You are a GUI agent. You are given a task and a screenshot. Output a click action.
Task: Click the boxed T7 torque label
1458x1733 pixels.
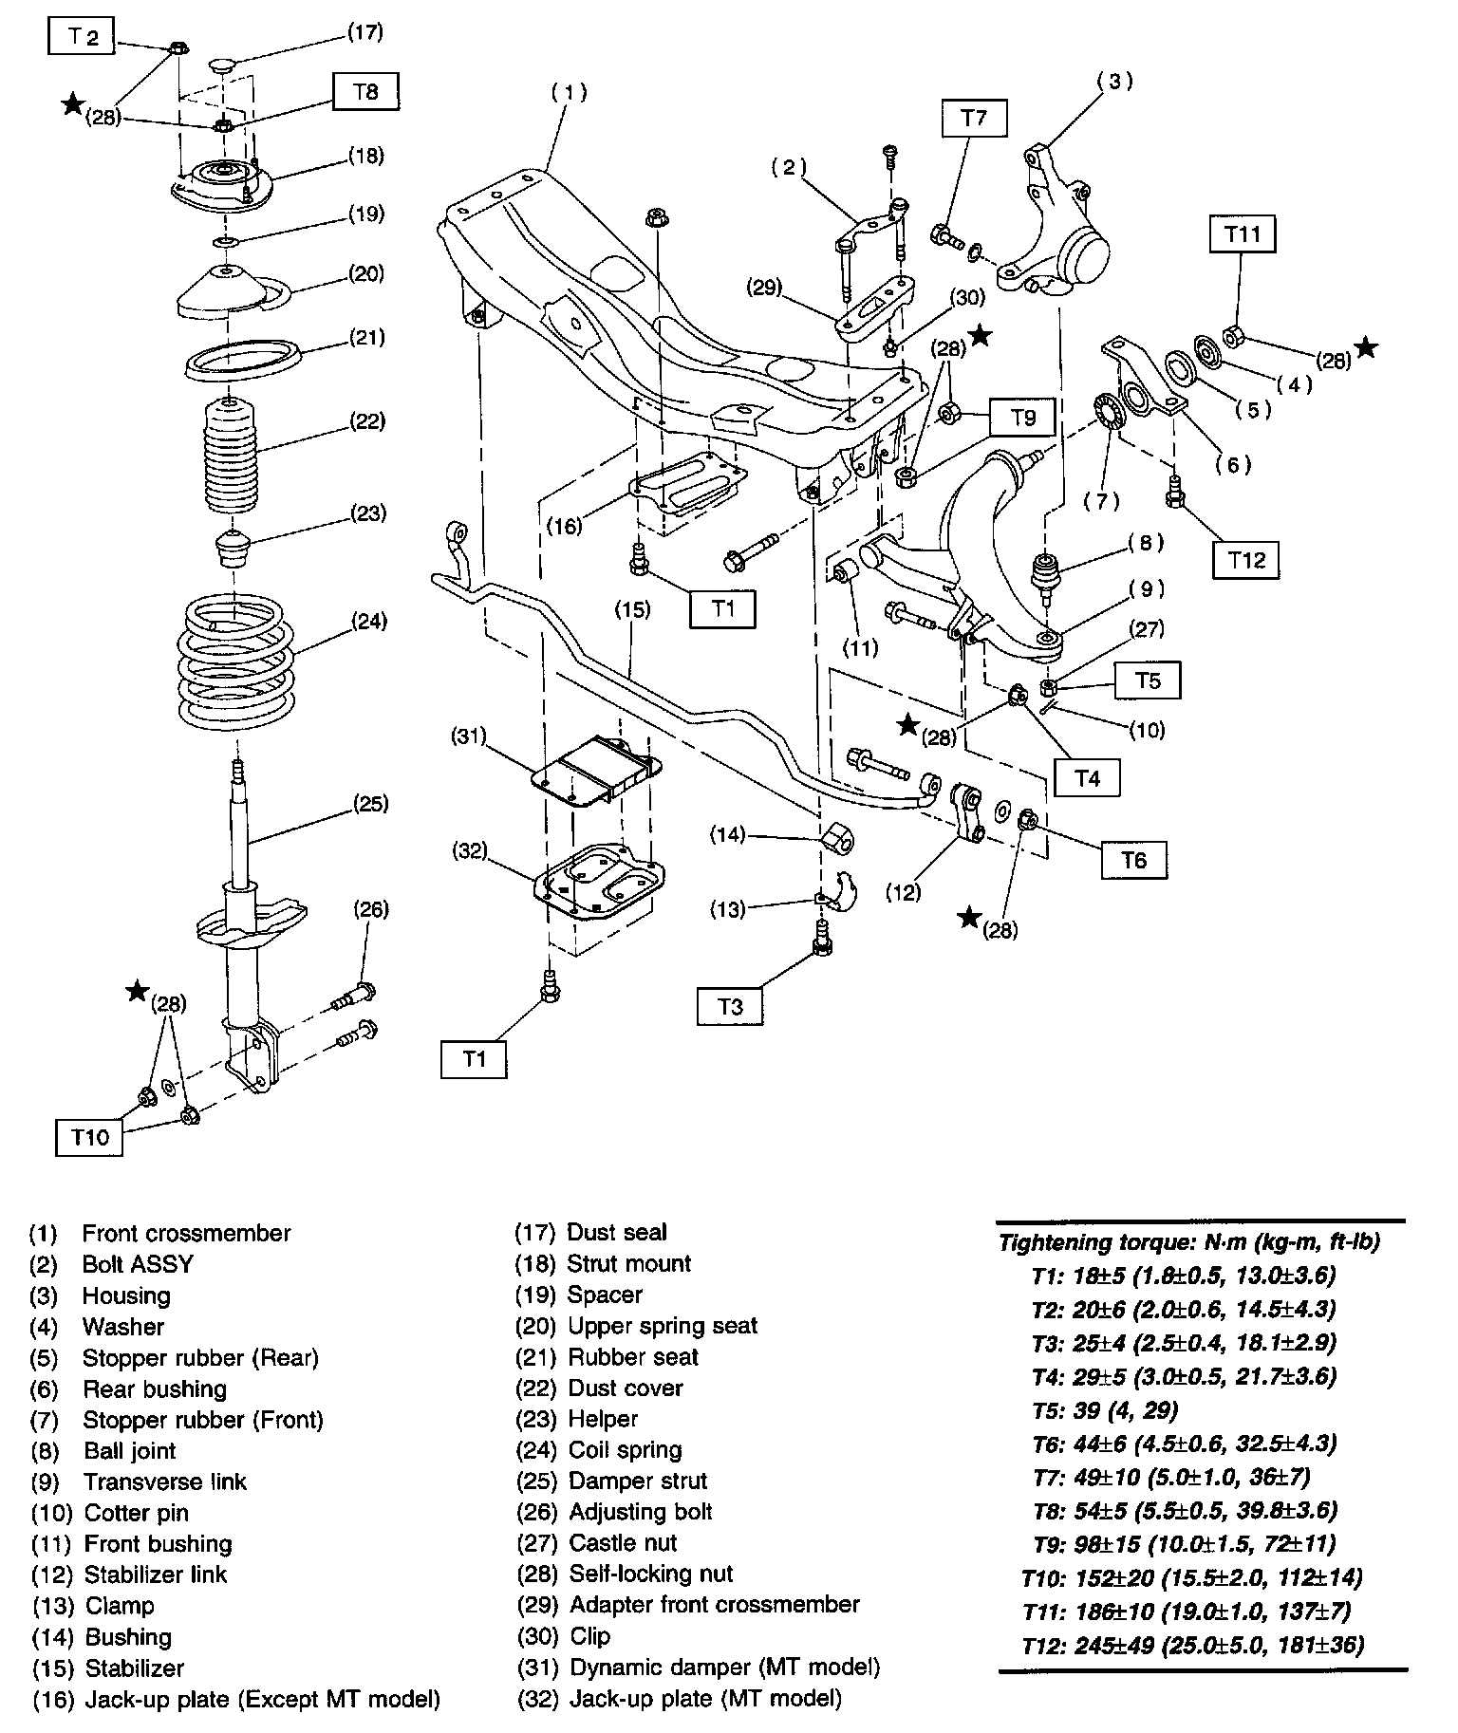point(974,118)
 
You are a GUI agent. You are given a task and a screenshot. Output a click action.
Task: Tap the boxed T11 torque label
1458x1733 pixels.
point(1243,233)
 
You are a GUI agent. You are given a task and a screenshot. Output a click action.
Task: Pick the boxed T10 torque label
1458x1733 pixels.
point(91,1136)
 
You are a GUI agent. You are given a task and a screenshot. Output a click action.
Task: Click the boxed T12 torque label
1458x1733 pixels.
point(1246,560)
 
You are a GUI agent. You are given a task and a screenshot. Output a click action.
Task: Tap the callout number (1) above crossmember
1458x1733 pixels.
point(569,93)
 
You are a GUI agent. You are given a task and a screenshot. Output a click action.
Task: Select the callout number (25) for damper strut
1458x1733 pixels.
point(370,804)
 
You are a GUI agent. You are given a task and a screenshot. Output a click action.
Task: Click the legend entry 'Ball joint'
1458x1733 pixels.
point(129,1450)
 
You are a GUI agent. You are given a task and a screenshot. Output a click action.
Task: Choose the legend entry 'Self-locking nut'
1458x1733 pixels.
point(650,1574)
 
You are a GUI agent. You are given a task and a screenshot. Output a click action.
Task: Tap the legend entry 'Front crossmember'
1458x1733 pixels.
point(186,1234)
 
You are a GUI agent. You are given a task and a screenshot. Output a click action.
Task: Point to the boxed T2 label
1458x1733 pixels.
point(82,37)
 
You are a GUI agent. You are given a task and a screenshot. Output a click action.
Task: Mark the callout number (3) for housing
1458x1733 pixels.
point(1114,82)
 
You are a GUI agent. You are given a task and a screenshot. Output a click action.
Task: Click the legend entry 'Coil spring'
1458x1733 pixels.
point(625,1450)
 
